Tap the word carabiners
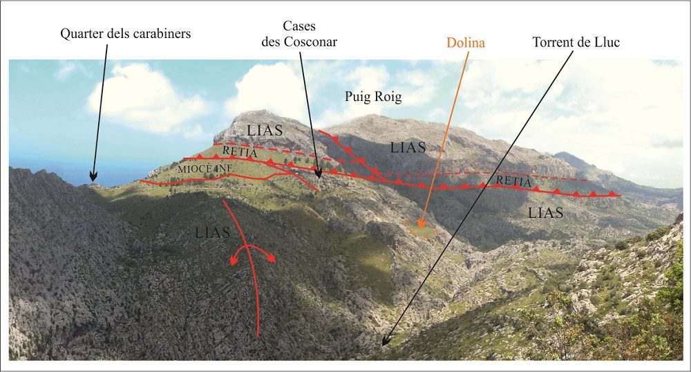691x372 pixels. [x=161, y=32]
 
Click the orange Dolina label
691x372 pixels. [x=466, y=43]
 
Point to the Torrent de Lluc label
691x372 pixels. [x=576, y=41]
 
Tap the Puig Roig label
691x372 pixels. [x=373, y=97]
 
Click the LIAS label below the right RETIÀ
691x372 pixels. [x=546, y=213]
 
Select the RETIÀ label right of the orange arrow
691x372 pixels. [x=513, y=182]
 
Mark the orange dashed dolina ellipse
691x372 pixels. [x=421, y=229]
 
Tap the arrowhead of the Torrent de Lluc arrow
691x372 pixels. [x=384, y=344]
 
